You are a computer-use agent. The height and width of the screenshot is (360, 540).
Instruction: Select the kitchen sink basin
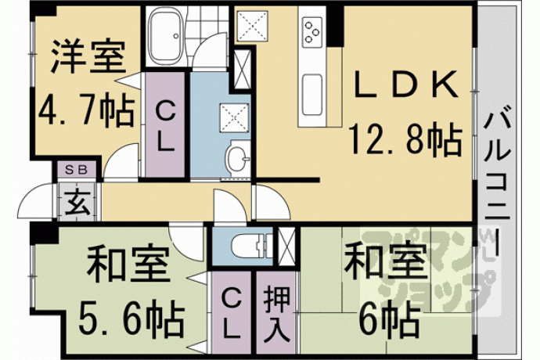tap(312, 95)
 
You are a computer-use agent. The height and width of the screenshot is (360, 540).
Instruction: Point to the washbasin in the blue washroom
tap(238, 158)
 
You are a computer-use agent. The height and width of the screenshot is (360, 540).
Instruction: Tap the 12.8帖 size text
tap(405, 139)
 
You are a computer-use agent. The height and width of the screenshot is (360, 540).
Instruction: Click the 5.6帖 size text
tap(131, 318)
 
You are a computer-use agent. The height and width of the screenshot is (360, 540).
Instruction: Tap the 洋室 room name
tap(88, 56)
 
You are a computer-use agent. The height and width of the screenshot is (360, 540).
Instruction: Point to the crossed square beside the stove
tap(252, 25)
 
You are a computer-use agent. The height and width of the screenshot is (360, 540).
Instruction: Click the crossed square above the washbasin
tap(234, 117)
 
